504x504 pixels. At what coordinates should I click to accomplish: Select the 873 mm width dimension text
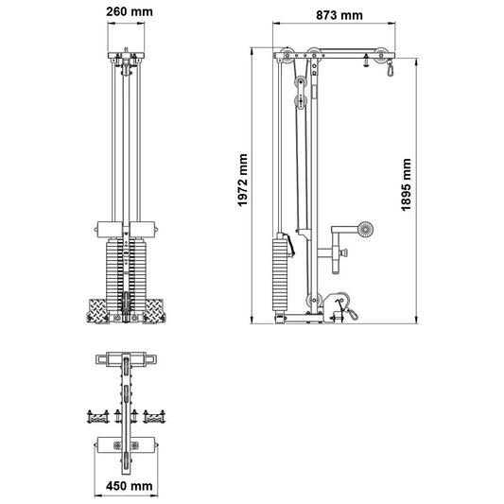pyautogui.click(x=338, y=16)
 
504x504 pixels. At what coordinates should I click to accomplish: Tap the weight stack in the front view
pyautogui.click(x=125, y=267)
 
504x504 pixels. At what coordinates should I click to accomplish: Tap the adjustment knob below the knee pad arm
pyautogui.click(x=344, y=252)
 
